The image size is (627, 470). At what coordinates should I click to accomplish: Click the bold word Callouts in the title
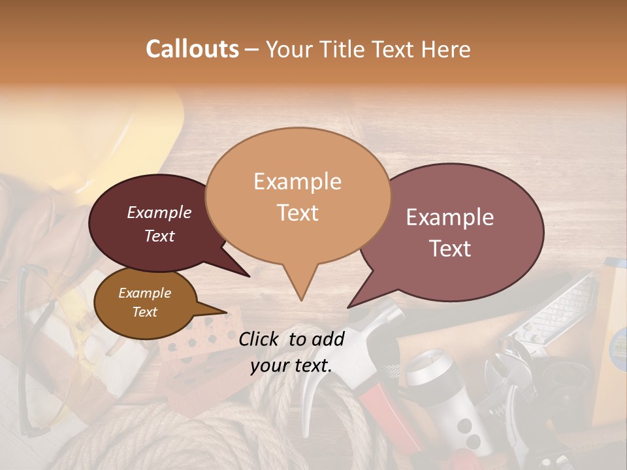(192, 49)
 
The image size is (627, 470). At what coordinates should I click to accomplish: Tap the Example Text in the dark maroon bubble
(159, 224)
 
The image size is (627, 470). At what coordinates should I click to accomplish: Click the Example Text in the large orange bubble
(297, 196)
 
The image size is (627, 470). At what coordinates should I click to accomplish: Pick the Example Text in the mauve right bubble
(450, 232)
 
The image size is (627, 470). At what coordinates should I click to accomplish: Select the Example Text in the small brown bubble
(144, 302)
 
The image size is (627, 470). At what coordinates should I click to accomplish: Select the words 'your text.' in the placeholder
(291, 366)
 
